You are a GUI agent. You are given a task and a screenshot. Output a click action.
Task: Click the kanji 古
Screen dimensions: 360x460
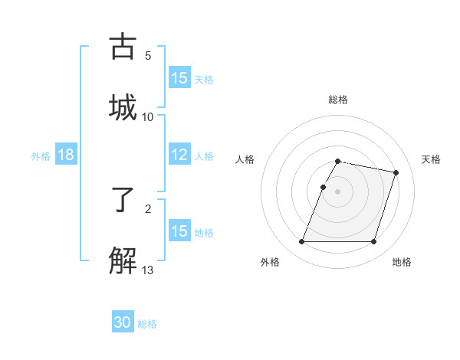(x=124, y=47)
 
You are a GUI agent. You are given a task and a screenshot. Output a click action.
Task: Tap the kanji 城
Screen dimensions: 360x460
(x=124, y=106)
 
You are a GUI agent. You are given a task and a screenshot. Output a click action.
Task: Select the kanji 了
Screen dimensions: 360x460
(x=124, y=201)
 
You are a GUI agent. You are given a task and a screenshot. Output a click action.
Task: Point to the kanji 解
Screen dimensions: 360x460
(x=124, y=260)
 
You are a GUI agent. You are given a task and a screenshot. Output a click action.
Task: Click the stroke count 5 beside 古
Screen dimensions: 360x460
(x=148, y=56)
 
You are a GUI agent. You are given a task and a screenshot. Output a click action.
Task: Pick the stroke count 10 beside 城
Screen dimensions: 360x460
(x=148, y=116)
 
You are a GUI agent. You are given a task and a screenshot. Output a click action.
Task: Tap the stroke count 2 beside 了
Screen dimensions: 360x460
(x=148, y=209)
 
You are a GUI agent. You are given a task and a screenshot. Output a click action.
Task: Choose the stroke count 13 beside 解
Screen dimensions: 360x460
(x=148, y=270)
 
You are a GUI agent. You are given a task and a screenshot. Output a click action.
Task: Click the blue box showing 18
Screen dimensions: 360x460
(x=65, y=155)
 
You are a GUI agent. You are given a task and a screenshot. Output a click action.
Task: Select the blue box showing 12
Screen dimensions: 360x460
(x=179, y=155)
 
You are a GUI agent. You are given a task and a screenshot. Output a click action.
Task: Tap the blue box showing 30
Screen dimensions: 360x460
(x=123, y=323)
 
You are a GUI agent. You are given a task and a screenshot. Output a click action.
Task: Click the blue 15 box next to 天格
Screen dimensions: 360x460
(x=179, y=78)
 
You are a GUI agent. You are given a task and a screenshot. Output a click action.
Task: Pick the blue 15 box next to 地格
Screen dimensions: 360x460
(x=179, y=231)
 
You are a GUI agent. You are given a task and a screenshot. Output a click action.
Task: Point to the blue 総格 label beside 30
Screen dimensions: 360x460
(x=147, y=324)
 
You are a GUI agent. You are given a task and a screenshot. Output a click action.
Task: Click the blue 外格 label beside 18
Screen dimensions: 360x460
(x=41, y=156)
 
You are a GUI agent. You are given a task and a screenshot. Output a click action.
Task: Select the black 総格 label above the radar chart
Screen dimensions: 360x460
(x=337, y=100)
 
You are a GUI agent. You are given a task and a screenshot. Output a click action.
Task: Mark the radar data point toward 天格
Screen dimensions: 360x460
(x=396, y=172)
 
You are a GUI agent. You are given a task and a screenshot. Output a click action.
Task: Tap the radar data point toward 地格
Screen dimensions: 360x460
(x=373, y=242)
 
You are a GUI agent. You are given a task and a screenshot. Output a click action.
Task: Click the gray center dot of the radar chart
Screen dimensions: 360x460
(x=337, y=191)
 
